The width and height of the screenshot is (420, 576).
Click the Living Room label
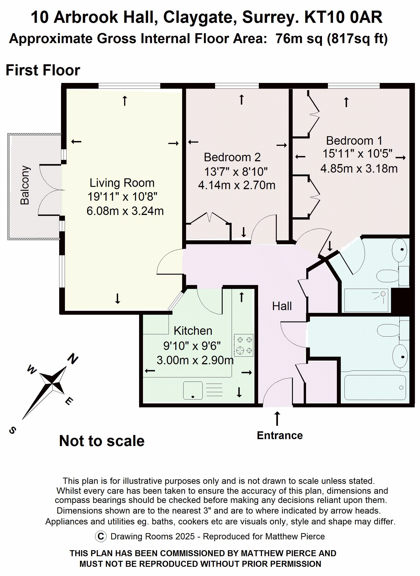pyautogui.click(x=122, y=183)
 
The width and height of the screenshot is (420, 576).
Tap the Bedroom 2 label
pyautogui.click(x=232, y=157)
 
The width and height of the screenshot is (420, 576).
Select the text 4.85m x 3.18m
pyautogui.click(x=359, y=169)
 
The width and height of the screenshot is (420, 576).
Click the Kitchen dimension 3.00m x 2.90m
pyautogui.click(x=195, y=360)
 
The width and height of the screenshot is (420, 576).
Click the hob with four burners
pyautogui.click(x=244, y=345)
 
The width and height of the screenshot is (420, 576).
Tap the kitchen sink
pyautogui.click(x=193, y=390)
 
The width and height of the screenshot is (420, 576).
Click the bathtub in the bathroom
pyautogui.click(x=375, y=388)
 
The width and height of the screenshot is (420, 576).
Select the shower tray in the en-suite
pyautogui.click(x=366, y=300)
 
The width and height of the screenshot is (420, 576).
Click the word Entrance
pyautogui.click(x=280, y=435)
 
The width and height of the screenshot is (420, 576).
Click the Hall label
pyautogui.click(x=282, y=306)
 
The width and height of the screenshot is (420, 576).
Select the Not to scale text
pyautogui.click(x=102, y=441)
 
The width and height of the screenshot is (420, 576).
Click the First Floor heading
pyautogui.click(x=43, y=70)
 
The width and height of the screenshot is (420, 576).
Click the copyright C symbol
pyautogui.click(x=101, y=536)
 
